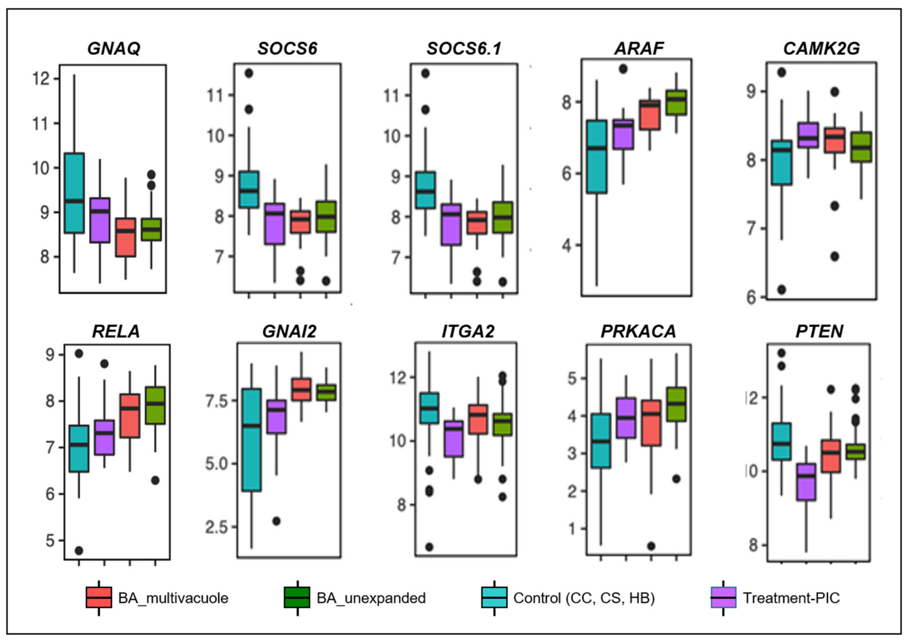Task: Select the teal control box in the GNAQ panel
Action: coord(74,193)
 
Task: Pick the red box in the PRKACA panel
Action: coord(651,423)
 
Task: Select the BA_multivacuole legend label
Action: coord(173,598)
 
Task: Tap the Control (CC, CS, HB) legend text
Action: coord(584,598)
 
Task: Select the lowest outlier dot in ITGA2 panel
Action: coord(429,547)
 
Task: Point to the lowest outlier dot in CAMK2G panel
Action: coord(782,290)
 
